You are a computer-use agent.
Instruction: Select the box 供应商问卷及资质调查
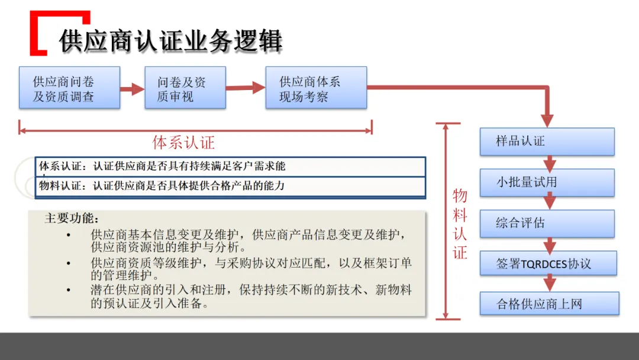pyautogui.click(x=69, y=88)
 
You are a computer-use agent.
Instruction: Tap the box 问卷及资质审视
pyautogui.click(x=185, y=88)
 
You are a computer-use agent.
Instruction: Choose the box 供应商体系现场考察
pyautogui.click(x=316, y=88)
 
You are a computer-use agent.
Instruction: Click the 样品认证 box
pyautogui.click(x=547, y=142)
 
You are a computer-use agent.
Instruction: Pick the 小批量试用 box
pyautogui.click(x=547, y=182)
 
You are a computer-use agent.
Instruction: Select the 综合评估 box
pyautogui.click(x=547, y=223)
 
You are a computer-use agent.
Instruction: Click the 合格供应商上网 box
pyautogui.click(x=549, y=304)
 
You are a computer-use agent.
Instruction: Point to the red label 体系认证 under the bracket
pyautogui.click(x=183, y=142)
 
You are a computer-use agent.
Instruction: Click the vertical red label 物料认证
pyautogui.click(x=460, y=224)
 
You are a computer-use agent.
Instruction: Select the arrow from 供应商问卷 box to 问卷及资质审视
pyautogui.click(x=133, y=89)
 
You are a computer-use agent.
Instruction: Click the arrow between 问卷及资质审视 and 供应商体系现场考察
pyautogui.click(x=246, y=88)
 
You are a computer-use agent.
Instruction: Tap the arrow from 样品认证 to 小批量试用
pyautogui.click(x=550, y=162)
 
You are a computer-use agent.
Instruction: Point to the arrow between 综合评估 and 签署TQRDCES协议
pyautogui.click(x=550, y=244)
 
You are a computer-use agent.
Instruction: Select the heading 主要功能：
pyautogui.click(x=73, y=218)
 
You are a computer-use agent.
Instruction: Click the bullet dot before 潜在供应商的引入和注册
pyautogui.click(x=69, y=290)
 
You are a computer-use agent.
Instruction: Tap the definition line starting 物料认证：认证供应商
pyautogui.click(x=162, y=185)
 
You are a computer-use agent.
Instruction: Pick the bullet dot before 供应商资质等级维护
pyautogui.click(x=69, y=262)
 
